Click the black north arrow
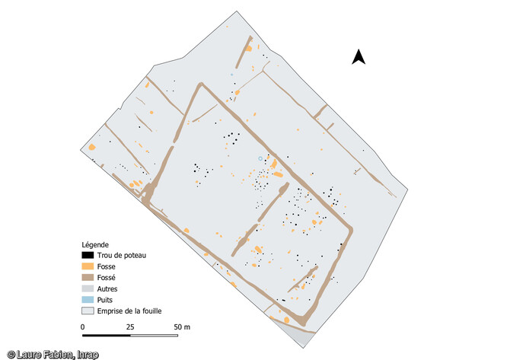[359, 56]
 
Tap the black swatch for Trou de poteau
[88, 255]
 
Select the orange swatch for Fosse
[88, 266]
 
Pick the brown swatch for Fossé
[88, 278]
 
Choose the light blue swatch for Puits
[88, 300]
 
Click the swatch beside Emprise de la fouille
[88, 311]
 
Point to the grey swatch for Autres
[88, 288]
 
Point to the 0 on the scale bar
[83, 327]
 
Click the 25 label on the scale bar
[130, 327]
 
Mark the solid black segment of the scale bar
[107, 334]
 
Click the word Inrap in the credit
[86, 354]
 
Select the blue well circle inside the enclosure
[260, 158]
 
